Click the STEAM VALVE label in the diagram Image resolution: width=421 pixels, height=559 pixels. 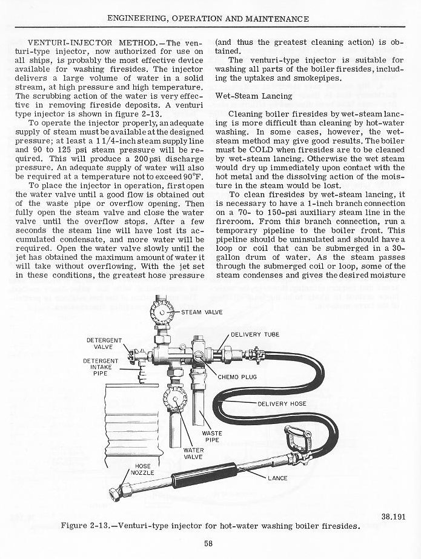[x=202, y=312]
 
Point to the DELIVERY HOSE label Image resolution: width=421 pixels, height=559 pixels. [x=282, y=404]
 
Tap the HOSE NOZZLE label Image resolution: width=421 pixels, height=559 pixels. [x=144, y=469]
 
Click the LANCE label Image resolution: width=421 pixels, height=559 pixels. [x=278, y=478]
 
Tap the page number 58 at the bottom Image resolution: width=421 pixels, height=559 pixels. [x=208, y=543]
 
